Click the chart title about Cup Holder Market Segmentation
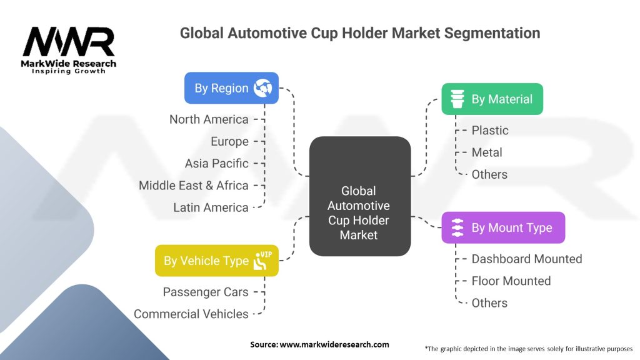click(360, 32)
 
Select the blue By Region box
click(231, 88)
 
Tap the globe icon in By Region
click(263, 88)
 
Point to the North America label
click(209, 119)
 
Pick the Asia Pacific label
click(216, 163)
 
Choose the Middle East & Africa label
click(194, 185)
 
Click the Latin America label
click(211, 207)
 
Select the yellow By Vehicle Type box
click(216, 261)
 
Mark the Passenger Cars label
click(205, 292)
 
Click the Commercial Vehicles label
click(191, 314)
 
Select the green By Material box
click(492, 99)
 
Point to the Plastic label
click(490, 130)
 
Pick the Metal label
click(487, 152)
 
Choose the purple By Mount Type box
click(502, 227)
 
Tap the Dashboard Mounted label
click(526, 259)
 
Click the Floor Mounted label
click(511, 281)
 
